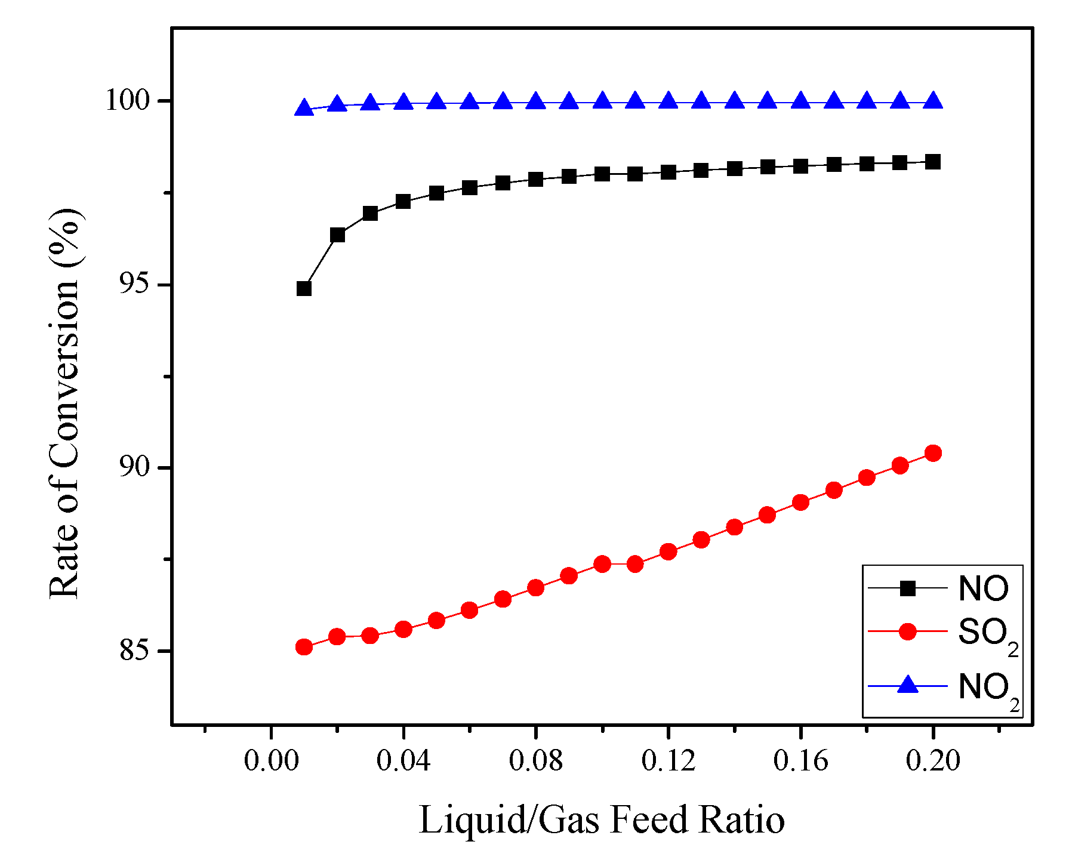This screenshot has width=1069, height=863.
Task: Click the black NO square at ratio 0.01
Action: pyautogui.click(x=304, y=289)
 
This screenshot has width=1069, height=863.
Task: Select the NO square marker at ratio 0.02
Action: pyautogui.click(x=337, y=235)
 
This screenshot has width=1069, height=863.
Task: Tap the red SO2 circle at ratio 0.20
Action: pyautogui.click(x=933, y=453)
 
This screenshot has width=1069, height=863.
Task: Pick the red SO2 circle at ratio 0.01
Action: pyautogui.click(x=304, y=647)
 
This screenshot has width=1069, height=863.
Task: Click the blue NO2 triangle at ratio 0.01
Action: pyautogui.click(x=304, y=108)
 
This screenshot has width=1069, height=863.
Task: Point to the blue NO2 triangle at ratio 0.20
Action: pyautogui.click(x=933, y=101)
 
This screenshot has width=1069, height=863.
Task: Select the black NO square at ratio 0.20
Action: pyautogui.click(x=933, y=162)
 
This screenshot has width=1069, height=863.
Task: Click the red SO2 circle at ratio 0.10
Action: pyautogui.click(x=602, y=564)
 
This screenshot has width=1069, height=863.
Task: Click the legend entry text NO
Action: pyautogui.click(x=983, y=588)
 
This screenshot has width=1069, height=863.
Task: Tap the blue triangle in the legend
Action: pyautogui.click(x=908, y=685)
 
